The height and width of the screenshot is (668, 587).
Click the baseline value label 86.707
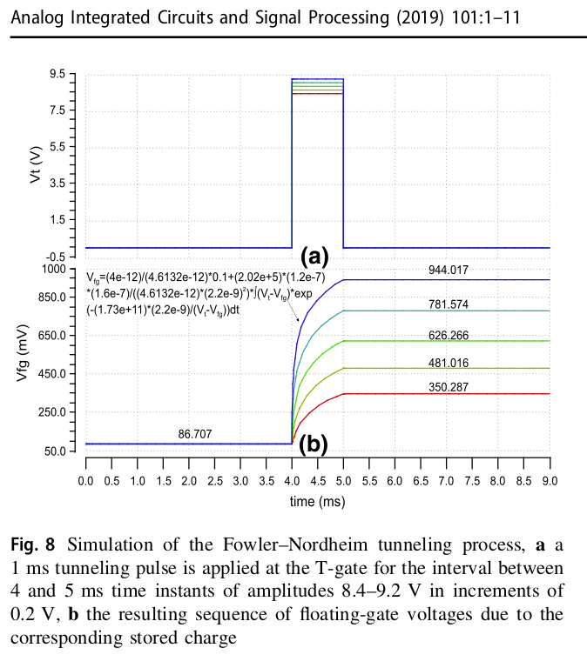click(x=193, y=433)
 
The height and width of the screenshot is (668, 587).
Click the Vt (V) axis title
click(x=36, y=166)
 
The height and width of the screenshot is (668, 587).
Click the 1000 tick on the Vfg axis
click(x=55, y=270)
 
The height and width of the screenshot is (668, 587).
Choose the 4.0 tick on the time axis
click(x=292, y=480)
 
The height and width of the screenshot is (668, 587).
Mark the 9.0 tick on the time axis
click(x=549, y=480)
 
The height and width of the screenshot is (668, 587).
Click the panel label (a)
click(x=314, y=257)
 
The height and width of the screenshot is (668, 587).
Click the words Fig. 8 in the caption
click(x=33, y=546)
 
